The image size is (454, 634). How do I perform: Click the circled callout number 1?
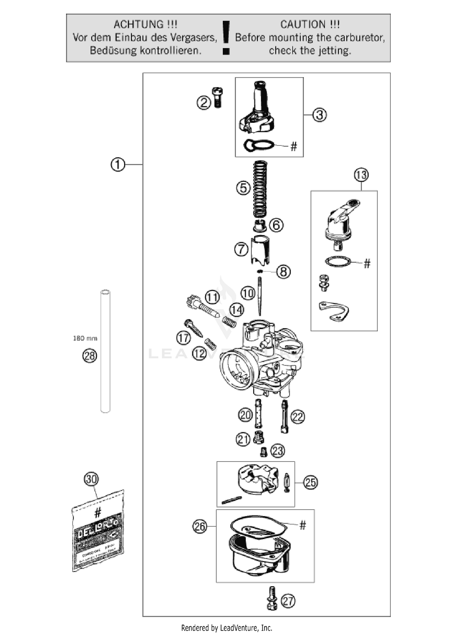[x=118, y=165]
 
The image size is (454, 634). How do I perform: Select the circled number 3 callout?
[x=319, y=115]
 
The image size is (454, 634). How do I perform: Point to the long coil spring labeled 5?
[x=260, y=189]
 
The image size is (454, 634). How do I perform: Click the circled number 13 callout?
[x=361, y=175]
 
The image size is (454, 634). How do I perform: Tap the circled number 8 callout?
[x=283, y=272]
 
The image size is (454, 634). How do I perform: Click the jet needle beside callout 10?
[x=260, y=296]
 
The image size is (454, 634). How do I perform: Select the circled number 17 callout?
[x=183, y=338]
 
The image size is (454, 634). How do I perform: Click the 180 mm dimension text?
[x=85, y=338]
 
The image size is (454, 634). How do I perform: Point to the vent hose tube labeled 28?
[x=105, y=351]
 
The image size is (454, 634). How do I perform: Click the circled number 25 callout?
[x=311, y=482]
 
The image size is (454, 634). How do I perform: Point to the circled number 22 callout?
[x=298, y=417]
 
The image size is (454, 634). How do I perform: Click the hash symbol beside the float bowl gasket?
[x=303, y=525]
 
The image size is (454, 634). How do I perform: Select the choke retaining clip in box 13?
[x=334, y=311]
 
